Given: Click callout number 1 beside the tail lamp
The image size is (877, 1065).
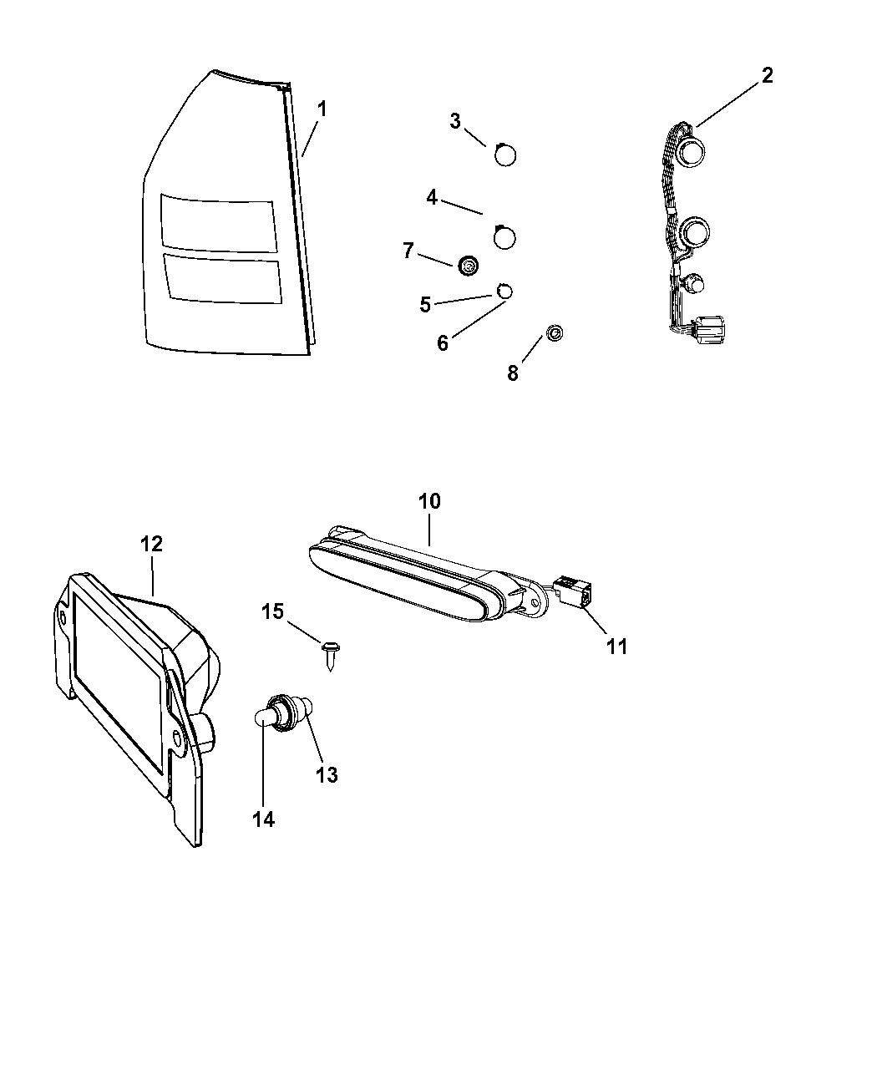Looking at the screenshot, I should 322,109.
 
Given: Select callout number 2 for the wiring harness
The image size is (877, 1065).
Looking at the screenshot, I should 767,76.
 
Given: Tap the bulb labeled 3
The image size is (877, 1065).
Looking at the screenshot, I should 505,155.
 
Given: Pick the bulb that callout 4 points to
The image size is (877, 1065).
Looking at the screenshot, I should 504,237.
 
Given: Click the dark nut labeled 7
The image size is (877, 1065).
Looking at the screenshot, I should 469,266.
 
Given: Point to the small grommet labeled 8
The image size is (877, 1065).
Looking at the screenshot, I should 555,333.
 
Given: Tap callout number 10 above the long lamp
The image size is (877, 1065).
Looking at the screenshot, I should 429,501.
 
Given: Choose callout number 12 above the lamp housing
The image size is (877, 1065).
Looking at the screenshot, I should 151,544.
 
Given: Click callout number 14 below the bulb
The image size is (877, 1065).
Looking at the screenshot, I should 263,819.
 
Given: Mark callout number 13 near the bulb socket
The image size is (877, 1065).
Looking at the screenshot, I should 327,774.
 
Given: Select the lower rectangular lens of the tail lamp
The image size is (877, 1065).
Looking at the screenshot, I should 223,279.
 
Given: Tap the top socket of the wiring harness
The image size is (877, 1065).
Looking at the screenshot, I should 692,153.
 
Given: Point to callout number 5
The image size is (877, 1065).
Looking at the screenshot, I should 425,305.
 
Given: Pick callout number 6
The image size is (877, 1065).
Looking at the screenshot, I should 443,342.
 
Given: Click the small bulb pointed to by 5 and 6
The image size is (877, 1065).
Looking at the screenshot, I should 504,292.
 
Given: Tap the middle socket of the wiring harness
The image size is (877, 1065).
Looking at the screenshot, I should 692,231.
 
